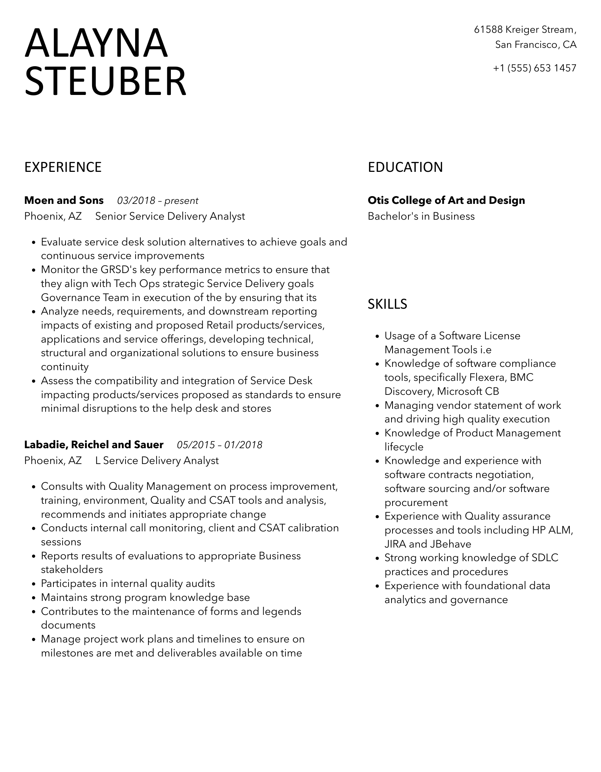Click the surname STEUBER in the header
coord(105,81)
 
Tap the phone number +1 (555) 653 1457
coord(534,68)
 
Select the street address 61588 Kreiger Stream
coord(525,29)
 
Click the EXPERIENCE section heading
coord(63,167)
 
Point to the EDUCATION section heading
coord(405,167)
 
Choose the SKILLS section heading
coord(387,304)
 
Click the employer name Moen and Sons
coord(64,201)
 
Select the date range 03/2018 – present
coord(158,201)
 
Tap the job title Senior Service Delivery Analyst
coord(170,216)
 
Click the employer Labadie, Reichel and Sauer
coord(94,445)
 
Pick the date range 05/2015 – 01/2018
coord(219,445)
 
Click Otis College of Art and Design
coord(446,201)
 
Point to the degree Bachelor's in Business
coord(421,216)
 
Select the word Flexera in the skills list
coord(486,378)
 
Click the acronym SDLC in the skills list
coord(545,558)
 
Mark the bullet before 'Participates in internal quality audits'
coord(34,584)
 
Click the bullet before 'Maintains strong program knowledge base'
coord(34,598)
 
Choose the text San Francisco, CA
coord(535,45)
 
